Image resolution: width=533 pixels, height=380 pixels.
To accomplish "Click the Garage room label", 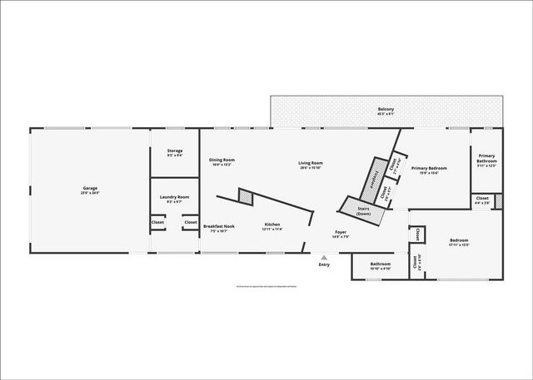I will [x=90, y=188].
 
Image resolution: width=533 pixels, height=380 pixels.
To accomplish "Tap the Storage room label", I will [x=175, y=151].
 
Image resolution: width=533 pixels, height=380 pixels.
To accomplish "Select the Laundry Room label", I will [x=175, y=197].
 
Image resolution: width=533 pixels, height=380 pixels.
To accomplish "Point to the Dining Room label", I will [x=222, y=160].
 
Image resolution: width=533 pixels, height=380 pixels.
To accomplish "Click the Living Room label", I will [x=311, y=163].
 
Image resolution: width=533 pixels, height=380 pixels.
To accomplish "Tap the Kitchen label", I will [x=273, y=225].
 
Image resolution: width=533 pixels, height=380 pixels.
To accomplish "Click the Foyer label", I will [x=341, y=232].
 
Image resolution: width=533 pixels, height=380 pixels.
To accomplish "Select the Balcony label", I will [x=386, y=109].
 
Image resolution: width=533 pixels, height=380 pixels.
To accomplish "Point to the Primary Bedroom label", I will [x=429, y=168].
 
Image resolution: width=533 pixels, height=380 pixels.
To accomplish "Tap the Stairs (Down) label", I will [x=363, y=210].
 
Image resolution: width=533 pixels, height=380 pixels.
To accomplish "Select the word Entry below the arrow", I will [x=324, y=265].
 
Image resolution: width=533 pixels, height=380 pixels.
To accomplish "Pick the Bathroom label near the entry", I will [x=381, y=264].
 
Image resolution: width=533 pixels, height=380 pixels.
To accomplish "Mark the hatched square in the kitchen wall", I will [x=246, y=196].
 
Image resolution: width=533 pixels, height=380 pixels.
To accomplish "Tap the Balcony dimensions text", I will [x=386, y=115].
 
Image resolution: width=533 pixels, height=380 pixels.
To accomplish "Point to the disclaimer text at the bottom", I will [x=266, y=285].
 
